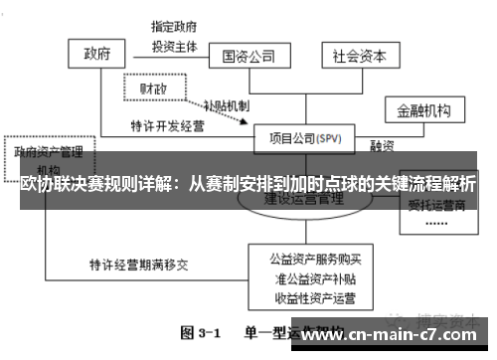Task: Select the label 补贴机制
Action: [226, 105]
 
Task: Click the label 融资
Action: [382, 146]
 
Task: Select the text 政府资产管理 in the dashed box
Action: [47, 153]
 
